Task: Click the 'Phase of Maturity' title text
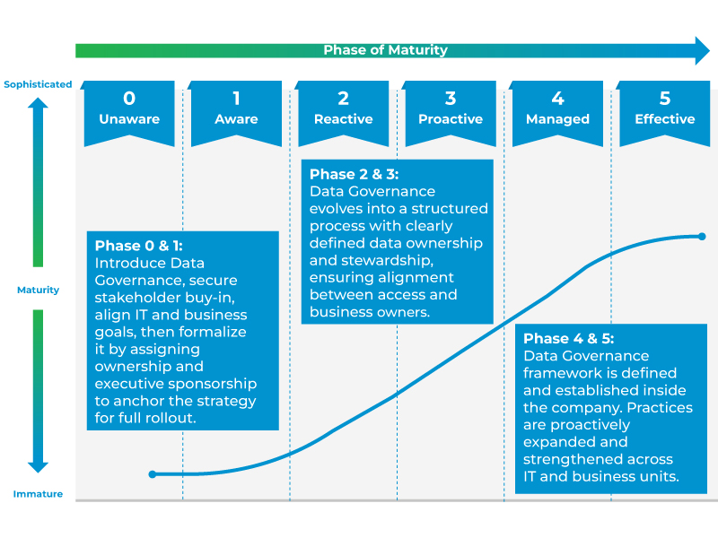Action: (385, 50)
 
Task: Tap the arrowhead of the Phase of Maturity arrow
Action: (700, 50)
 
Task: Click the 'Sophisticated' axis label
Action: (38, 84)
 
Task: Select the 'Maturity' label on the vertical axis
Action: (38, 290)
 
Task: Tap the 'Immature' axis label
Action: (38, 494)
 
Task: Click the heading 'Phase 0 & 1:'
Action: (138, 246)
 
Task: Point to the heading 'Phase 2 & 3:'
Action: (354, 174)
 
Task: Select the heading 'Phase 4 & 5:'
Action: (568, 339)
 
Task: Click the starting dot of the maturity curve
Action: (153, 473)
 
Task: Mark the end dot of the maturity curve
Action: (702, 237)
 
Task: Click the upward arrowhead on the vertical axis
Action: (38, 104)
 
